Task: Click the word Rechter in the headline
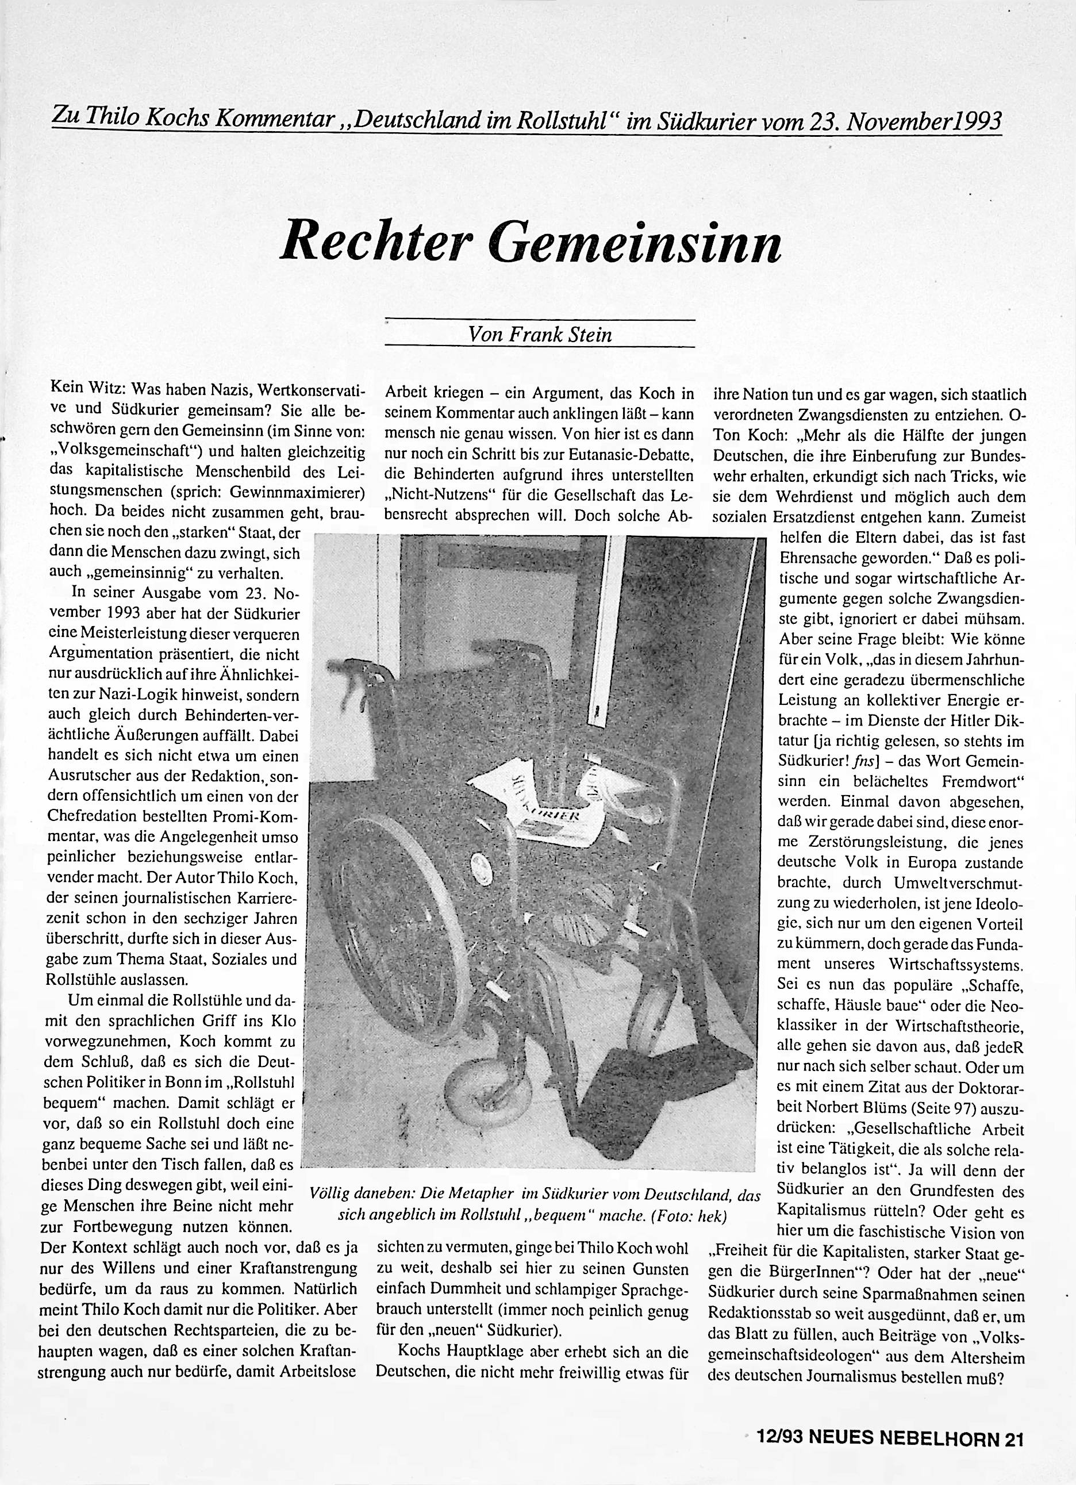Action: [378, 240]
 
